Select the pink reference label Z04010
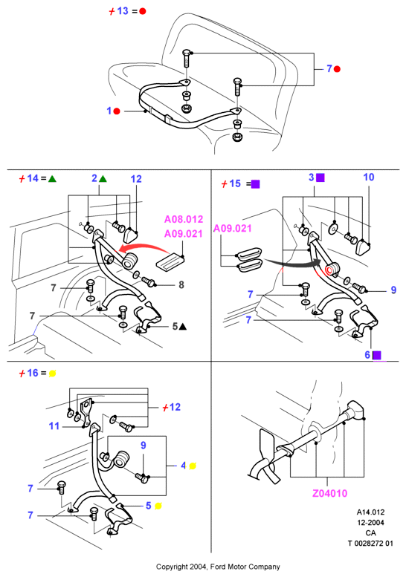(x=329, y=493)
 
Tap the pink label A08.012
(x=184, y=219)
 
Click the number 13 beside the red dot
(x=123, y=11)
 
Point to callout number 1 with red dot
(x=109, y=111)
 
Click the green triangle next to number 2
(x=103, y=179)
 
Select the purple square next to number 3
(x=320, y=177)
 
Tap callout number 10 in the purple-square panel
(x=368, y=177)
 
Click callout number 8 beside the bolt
(x=181, y=285)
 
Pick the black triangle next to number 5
(x=182, y=327)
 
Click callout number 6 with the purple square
(x=367, y=355)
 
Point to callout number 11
(x=54, y=426)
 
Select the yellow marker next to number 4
(x=193, y=466)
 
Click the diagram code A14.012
(x=370, y=512)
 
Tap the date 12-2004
(x=370, y=523)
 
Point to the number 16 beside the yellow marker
(x=33, y=373)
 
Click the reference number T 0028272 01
(x=370, y=543)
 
